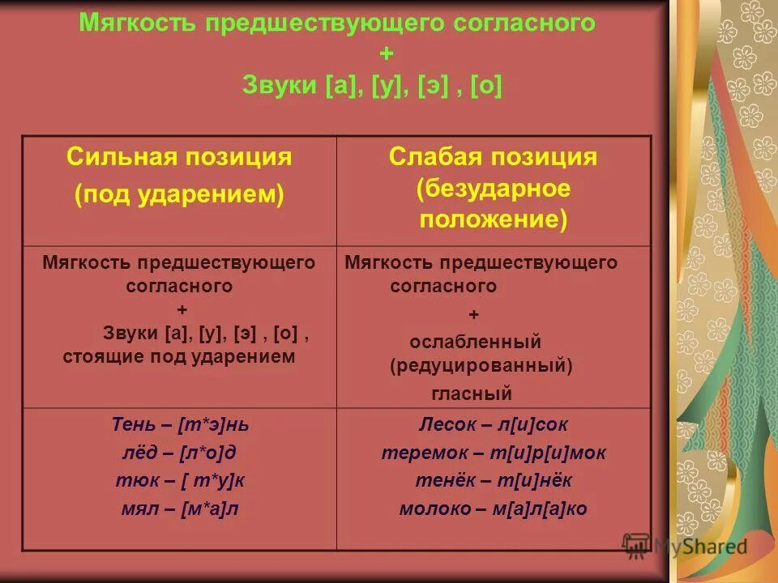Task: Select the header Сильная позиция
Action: [x=179, y=157]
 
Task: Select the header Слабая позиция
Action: [x=493, y=157]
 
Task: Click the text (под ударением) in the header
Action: [x=179, y=195]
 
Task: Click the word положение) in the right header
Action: [x=494, y=220]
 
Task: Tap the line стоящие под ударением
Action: [x=179, y=356]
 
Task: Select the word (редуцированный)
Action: [x=481, y=366]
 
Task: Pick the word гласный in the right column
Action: [x=472, y=394]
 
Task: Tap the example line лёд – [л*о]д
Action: [x=180, y=453]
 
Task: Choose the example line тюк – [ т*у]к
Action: [x=180, y=480]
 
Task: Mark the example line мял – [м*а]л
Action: [x=180, y=509]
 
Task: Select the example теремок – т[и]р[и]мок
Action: [x=494, y=453]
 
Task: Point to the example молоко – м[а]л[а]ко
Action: [x=494, y=509]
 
